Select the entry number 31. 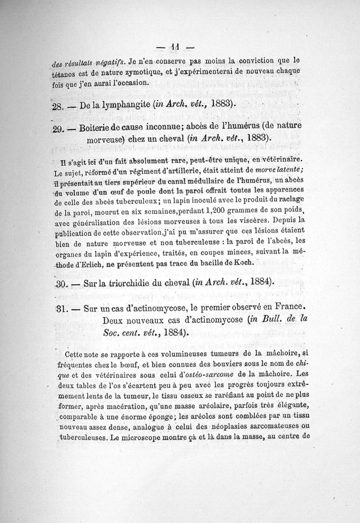(x=61, y=309)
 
